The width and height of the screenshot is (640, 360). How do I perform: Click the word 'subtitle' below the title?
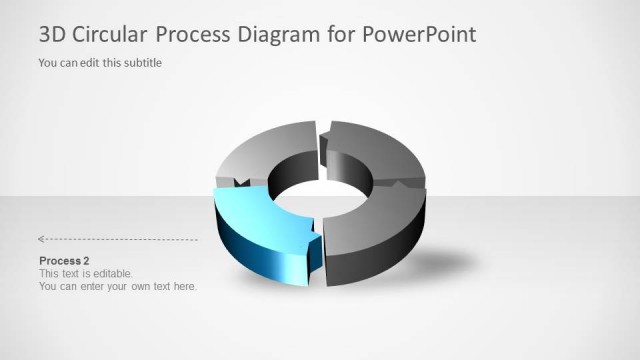[x=140, y=63]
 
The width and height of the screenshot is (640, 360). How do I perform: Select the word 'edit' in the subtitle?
[x=88, y=63]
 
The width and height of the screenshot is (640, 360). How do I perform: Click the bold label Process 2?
[x=64, y=261]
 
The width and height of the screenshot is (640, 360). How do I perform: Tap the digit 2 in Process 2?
[x=86, y=261]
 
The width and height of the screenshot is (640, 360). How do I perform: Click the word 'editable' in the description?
[x=109, y=273]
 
